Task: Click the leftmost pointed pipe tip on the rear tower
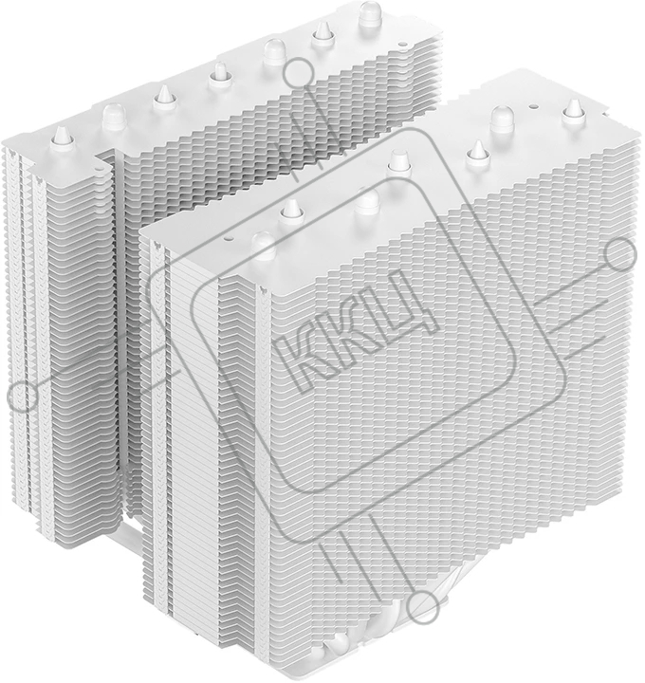pyautogui.click(x=64, y=138)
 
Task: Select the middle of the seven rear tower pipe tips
pyautogui.click(x=220, y=74)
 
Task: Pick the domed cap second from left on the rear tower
pyautogui.click(x=274, y=52)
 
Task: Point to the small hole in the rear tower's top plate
pyautogui.click(x=401, y=44)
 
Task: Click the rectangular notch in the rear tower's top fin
pyautogui.click(x=104, y=157)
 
